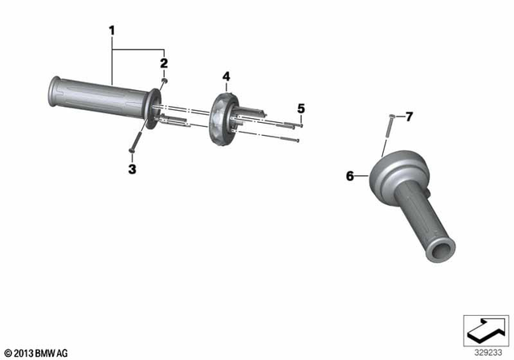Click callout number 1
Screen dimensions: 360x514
[112, 31]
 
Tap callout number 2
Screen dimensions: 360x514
[163, 63]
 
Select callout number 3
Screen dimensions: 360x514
[132, 169]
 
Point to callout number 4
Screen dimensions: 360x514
[226, 77]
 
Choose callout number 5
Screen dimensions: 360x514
[301, 108]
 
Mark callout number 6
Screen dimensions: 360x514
[349, 175]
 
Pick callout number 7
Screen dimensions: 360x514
[408, 117]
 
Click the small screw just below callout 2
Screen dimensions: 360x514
[164, 80]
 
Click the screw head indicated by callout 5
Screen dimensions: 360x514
[300, 125]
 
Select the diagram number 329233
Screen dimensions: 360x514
[483, 352]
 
